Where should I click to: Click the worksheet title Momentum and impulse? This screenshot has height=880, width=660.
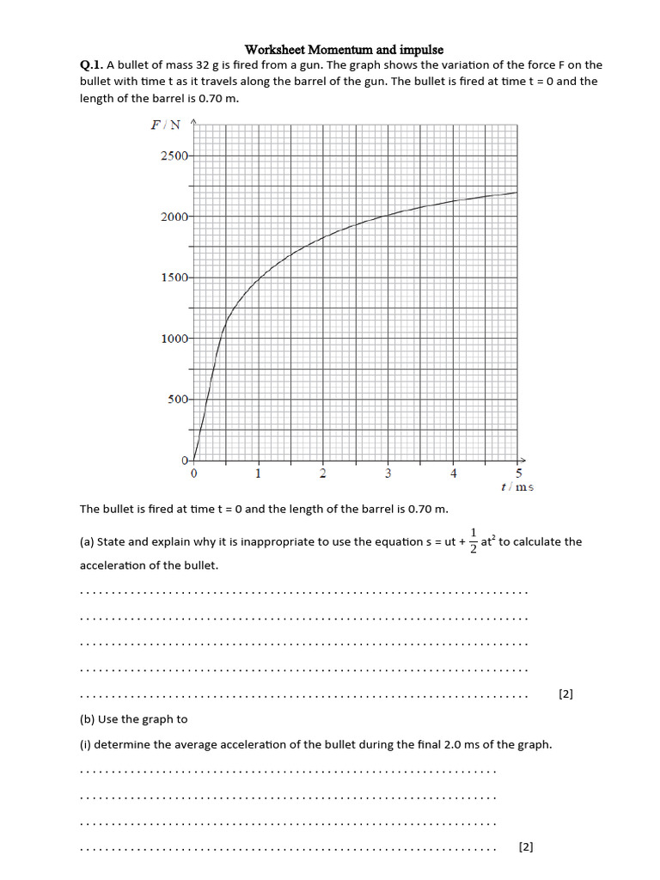[x=344, y=50]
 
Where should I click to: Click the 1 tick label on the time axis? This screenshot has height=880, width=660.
[x=258, y=473]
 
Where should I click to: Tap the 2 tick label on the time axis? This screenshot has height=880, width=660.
[x=323, y=473]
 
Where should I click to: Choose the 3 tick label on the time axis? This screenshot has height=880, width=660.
[x=388, y=473]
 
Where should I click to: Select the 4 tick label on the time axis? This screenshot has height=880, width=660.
[x=454, y=473]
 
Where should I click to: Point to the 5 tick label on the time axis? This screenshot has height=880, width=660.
[x=518, y=473]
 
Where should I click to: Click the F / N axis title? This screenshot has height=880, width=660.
[x=166, y=125]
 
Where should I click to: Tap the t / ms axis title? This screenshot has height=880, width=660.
[x=517, y=486]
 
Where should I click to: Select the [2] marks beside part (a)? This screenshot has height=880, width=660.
[x=565, y=694]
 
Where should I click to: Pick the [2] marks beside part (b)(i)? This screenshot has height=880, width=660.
[x=527, y=847]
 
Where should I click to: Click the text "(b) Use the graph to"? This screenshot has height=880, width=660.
[x=133, y=719]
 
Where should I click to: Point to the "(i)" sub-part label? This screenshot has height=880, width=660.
[x=85, y=745]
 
